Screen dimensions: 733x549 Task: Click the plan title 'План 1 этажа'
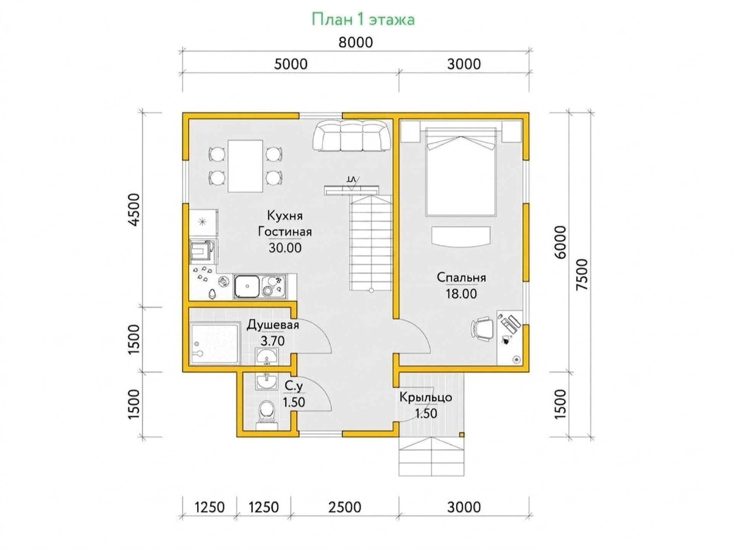363,19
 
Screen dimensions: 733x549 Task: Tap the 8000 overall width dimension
355,42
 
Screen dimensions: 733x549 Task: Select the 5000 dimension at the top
291,64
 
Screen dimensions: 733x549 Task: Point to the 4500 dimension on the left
134,210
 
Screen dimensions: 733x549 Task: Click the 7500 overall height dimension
582,275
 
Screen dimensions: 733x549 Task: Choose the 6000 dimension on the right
560,243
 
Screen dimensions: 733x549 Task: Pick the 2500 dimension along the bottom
344,507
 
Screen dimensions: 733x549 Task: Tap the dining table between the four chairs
245,166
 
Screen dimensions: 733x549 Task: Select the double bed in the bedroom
461,172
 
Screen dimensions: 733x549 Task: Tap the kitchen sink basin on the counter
247,286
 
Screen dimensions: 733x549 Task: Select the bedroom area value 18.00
461,294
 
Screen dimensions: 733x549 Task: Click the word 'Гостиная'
285,232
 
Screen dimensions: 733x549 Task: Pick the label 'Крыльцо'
426,397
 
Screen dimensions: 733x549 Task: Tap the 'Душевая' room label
273,325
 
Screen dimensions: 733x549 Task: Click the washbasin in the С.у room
267,381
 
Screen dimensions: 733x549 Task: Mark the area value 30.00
285,248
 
